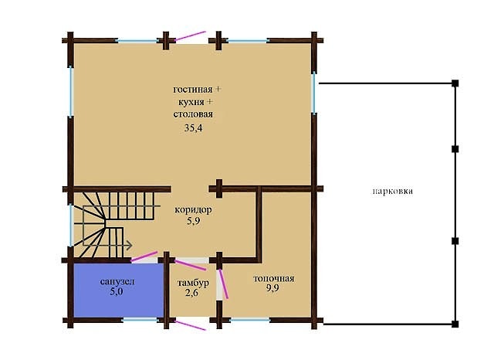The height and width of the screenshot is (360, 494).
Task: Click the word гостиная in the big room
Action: tap(193, 90)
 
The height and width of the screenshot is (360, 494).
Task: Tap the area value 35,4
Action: tap(193, 128)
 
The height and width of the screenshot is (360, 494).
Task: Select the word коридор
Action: tap(193, 209)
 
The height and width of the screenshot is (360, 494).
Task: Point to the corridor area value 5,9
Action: tap(193, 221)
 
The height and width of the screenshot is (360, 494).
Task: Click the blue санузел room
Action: tap(119, 290)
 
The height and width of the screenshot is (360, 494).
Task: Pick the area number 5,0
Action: tap(116, 291)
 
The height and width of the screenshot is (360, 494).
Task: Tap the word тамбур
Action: tap(193, 283)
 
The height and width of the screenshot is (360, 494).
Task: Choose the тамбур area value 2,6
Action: tap(191, 293)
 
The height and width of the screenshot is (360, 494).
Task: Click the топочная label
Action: tap(273, 279)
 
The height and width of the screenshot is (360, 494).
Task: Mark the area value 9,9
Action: tap(272, 288)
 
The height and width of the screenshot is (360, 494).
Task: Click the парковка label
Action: tap(393, 192)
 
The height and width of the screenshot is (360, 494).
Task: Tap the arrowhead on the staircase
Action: tap(129, 245)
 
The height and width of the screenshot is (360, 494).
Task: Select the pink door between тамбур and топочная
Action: tap(223, 284)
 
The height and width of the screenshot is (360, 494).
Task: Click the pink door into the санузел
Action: tap(144, 256)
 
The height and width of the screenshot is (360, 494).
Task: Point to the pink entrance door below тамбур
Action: tap(191, 325)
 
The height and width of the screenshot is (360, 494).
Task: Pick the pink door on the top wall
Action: tap(191, 36)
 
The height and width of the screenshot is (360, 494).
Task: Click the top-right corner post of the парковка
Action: tap(455, 83)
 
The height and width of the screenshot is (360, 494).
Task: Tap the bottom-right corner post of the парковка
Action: tap(455, 324)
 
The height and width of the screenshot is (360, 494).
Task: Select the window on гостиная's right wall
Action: tap(314, 93)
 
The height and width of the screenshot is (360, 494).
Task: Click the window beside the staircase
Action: tap(72, 226)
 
